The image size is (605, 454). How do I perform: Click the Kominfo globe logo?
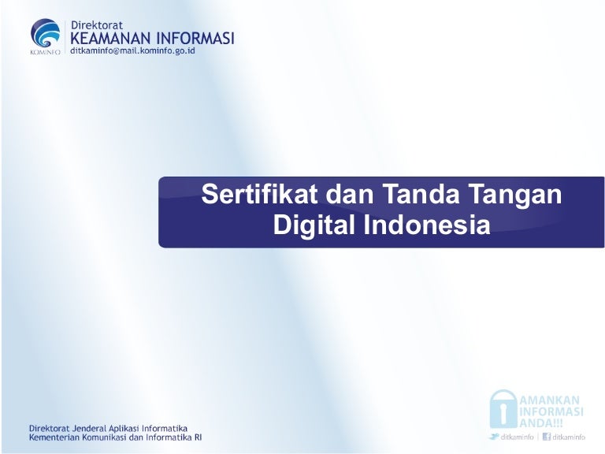pyautogui.click(x=46, y=33)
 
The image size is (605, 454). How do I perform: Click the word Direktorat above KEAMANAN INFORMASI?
pyautogui.click(x=97, y=25)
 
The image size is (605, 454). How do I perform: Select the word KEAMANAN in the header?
pyautogui.click(x=111, y=39)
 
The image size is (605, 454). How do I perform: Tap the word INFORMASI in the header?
pyautogui.click(x=195, y=39)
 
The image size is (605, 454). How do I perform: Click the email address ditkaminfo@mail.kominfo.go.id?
pyautogui.click(x=132, y=50)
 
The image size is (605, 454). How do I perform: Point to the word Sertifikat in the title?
pyautogui.click(x=259, y=194)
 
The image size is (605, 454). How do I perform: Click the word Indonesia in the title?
pyautogui.click(x=427, y=225)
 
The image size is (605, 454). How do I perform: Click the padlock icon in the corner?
pyautogui.click(x=503, y=410)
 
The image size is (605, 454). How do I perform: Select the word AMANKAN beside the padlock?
pyautogui.click(x=549, y=400)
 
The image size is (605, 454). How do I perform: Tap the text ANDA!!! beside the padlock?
pyautogui.click(x=541, y=423)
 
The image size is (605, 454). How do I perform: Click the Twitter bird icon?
pyautogui.click(x=493, y=437)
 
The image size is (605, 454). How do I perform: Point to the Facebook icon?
pyautogui.click(x=547, y=437)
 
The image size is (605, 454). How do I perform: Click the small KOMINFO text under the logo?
pyautogui.click(x=45, y=52)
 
